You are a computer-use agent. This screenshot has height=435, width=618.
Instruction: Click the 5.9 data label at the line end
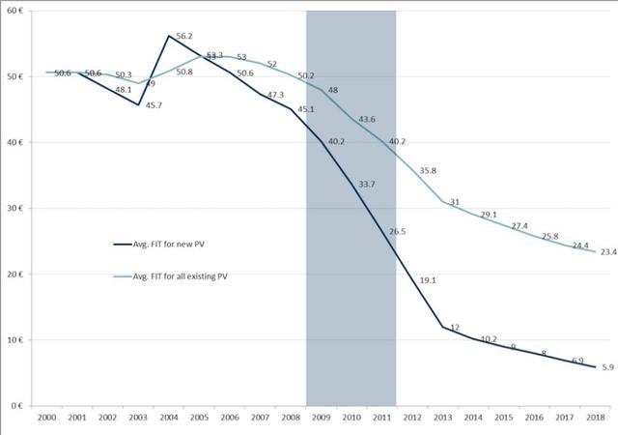[x=607, y=368]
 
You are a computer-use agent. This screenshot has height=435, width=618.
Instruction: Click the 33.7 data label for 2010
[x=366, y=185]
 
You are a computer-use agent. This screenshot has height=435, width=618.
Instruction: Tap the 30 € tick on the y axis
[x=18, y=208]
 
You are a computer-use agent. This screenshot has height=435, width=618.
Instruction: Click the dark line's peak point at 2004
[x=169, y=36]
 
